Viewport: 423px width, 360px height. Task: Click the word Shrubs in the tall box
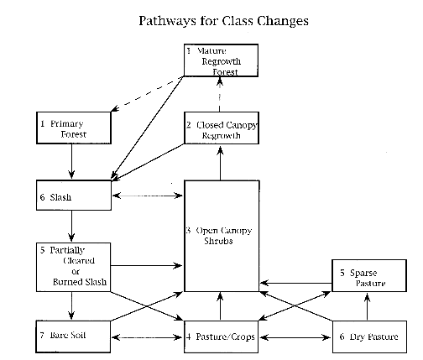pyautogui.click(x=218, y=241)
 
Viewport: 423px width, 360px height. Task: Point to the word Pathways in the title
pyautogui.click(x=167, y=21)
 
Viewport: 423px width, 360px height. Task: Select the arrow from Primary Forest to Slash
pyautogui.click(x=71, y=161)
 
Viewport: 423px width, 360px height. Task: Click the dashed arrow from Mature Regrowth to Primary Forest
pyautogui.click(x=147, y=93)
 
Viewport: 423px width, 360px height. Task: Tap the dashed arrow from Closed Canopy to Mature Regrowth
pyautogui.click(x=220, y=94)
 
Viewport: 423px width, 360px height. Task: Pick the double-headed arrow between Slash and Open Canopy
pyautogui.click(x=148, y=196)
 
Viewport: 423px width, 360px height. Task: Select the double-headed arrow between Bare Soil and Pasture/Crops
pyautogui.click(x=147, y=337)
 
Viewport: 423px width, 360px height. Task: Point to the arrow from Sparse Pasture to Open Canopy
pyautogui.click(x=296, y=283)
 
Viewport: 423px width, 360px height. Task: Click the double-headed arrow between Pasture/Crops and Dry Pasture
pyautogui.click(x=295, y=337)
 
